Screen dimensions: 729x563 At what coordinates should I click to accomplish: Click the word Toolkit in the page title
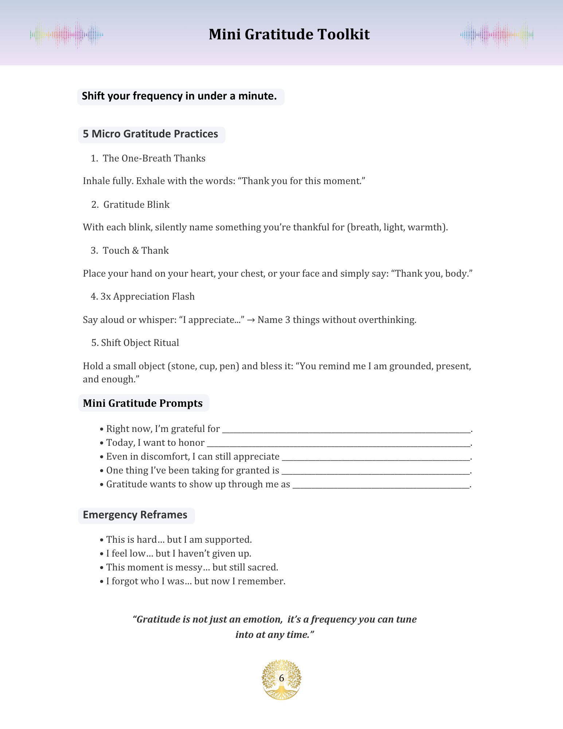[x=343, y=35]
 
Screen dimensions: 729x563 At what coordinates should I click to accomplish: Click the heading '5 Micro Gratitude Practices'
[x=150, y=134]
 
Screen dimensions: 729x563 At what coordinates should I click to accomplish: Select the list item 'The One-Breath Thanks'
[x=154, y=158]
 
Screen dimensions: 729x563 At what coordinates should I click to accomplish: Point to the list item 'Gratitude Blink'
[x=136, y=204]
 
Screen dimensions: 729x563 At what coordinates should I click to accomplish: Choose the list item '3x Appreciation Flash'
[x=147, y=297]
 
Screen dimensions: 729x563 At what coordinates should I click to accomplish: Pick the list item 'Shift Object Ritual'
[x=140, y=343]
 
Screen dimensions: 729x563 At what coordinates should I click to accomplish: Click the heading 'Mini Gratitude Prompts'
[x=142, y=403]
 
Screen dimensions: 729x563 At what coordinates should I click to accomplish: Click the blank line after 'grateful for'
[x=346, y=430]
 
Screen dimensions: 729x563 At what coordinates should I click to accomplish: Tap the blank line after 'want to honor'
[x=339, y=444]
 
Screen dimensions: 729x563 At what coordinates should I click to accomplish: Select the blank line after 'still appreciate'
[x=376, y=458]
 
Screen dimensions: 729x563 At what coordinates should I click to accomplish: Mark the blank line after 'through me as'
[x=381, y=486]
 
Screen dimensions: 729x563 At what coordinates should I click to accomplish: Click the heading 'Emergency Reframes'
[x=135, y=515]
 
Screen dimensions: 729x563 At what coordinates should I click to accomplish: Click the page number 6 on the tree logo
[x=281, y=678]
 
